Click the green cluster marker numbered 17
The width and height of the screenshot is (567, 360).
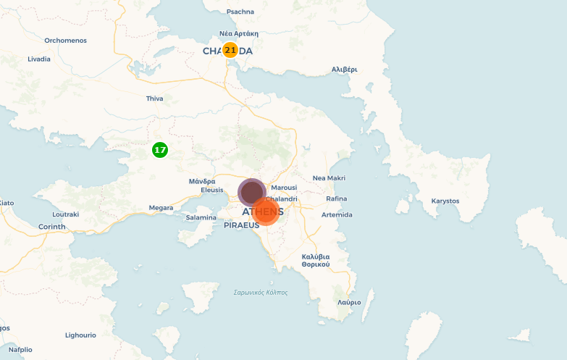[x=160, y=150]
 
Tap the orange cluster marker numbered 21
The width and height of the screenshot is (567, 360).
[x=230, y=50]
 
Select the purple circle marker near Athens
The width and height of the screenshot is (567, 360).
[x=251, y=192]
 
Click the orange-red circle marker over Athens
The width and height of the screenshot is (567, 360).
[x=266, y=212]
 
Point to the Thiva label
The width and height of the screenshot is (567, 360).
[x=154, y=99]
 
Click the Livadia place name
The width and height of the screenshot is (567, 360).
[x=39, y=59]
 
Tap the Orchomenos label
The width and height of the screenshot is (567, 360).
[x=65, y=41]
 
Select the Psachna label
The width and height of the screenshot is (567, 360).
[x=240, y=12]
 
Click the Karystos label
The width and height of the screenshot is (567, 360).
[x=445, y=201]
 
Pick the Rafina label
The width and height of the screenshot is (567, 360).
[x=337, y=198]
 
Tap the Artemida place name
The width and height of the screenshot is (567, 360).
[x=337, y=215]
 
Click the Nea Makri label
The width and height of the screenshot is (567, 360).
[x=329, y=178]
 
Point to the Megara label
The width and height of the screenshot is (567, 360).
[x=161, y=208]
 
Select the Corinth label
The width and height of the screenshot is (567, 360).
[x=51, y=227]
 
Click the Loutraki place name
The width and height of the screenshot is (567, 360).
[x=66, y=214]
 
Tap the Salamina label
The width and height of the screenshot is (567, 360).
[x=201, y=217]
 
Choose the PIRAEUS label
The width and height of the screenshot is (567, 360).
[x=241, y=226]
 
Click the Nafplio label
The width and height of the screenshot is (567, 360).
[x=20, y=349]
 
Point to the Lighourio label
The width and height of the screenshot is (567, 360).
[x=80, y=335]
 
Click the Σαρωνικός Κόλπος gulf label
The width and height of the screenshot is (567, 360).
[x=261, y=293]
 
